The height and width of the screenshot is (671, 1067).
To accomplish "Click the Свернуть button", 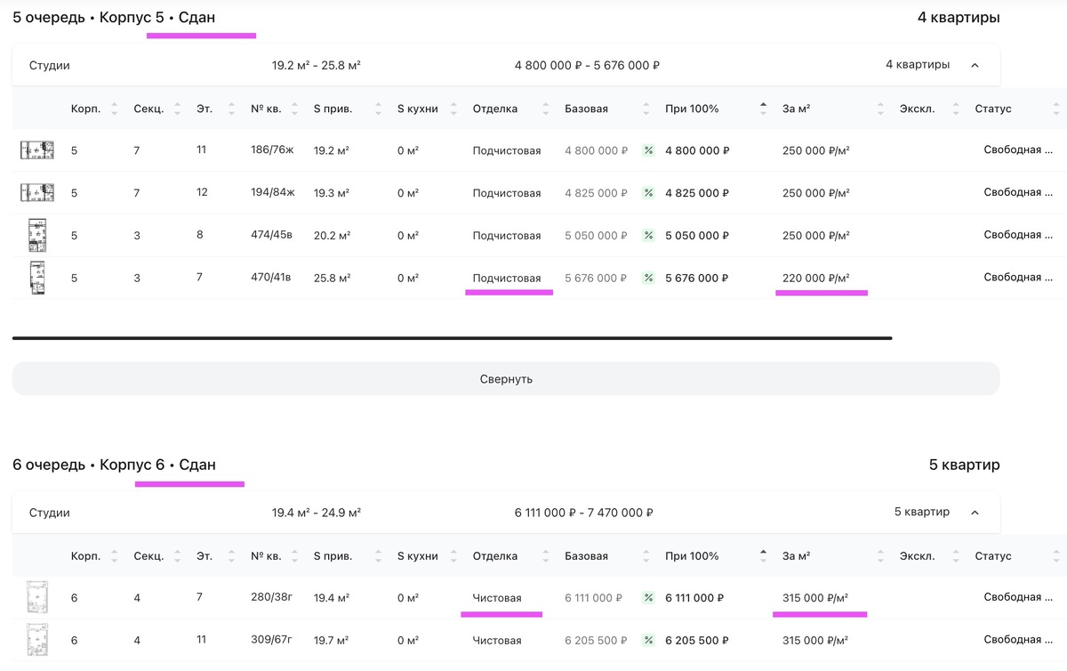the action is [506, 378].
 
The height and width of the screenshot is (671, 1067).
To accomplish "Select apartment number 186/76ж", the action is [272, 150].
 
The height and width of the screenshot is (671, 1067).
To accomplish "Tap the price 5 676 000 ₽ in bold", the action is [696, 278].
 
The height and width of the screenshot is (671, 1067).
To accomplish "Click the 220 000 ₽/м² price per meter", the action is [815, 278].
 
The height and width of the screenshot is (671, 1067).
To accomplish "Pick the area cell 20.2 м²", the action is [332, 236].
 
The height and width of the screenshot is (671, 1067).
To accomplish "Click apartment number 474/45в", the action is [271, 235].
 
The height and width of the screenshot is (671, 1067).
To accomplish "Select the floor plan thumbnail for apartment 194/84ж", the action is [37, 193].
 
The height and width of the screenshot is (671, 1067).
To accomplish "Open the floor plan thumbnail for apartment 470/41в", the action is [37, 278].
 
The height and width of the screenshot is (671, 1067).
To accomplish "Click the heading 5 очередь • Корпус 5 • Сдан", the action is [114, 18].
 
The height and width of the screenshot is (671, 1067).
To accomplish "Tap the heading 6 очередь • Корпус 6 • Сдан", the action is [114, 465].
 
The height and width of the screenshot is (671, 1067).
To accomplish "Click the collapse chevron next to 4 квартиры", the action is [975, 65].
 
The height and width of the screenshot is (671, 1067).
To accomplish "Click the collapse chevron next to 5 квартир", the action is [975, 513].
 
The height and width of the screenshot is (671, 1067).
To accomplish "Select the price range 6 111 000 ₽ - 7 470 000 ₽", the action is [583, 513].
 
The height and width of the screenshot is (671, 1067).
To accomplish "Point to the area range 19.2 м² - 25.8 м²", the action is [317, 65].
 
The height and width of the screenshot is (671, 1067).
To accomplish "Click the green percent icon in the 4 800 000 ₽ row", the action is [648, 150].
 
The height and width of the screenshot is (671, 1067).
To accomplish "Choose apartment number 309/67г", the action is [271, 640].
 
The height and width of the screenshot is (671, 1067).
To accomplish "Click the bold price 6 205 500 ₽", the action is [697, 641].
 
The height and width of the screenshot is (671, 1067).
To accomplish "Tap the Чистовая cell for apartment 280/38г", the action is [497, 598].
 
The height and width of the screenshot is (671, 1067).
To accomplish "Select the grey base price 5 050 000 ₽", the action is [596, 236].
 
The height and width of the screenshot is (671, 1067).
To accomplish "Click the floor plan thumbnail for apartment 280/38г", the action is [37, 597].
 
